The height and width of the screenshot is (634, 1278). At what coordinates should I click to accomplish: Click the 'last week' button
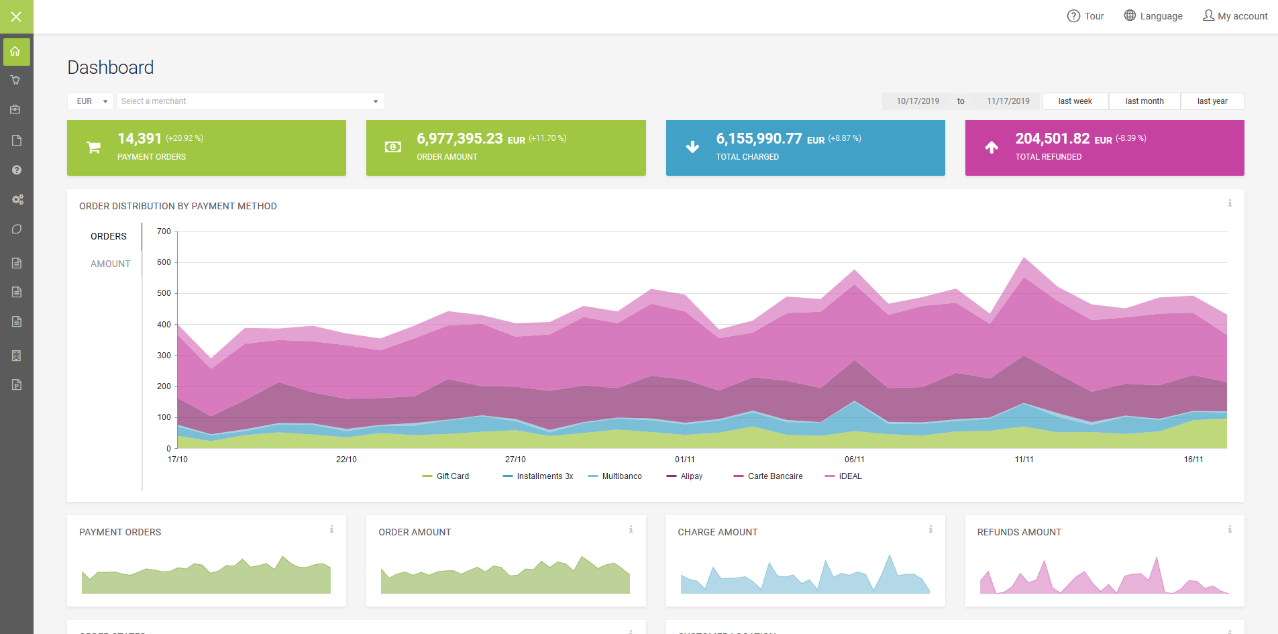point(1075,101)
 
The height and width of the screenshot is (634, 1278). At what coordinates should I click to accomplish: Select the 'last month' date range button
point(1144,101)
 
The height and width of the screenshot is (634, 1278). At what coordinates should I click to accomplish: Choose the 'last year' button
point(1212,101)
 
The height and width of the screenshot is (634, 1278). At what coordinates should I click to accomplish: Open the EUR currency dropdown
point(91,101)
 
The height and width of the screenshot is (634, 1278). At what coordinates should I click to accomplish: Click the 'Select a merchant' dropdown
point(250,101)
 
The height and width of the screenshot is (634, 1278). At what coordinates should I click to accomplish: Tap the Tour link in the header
point(1085,16)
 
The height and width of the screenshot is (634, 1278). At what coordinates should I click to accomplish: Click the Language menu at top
point(1153,16)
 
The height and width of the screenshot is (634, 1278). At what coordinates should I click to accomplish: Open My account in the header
point(1235,16)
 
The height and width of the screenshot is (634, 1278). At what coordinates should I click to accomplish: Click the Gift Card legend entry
point(446,476)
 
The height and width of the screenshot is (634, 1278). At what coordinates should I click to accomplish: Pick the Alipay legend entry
point(685,476)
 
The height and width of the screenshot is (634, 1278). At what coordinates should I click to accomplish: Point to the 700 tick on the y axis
point(164,231)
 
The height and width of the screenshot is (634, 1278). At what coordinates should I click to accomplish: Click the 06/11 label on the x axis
point(854,460)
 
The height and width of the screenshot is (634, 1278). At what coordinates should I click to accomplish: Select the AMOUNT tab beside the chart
point(111,264)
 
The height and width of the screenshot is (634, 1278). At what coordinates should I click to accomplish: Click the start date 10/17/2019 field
point(918,101)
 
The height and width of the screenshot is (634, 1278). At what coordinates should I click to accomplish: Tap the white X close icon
point(16,17)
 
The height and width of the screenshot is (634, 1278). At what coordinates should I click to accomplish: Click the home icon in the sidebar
point(16,52)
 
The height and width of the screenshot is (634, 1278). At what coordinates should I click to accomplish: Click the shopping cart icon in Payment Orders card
point(94,148)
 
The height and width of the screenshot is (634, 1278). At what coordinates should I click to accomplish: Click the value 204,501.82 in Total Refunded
point(1052,138)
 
